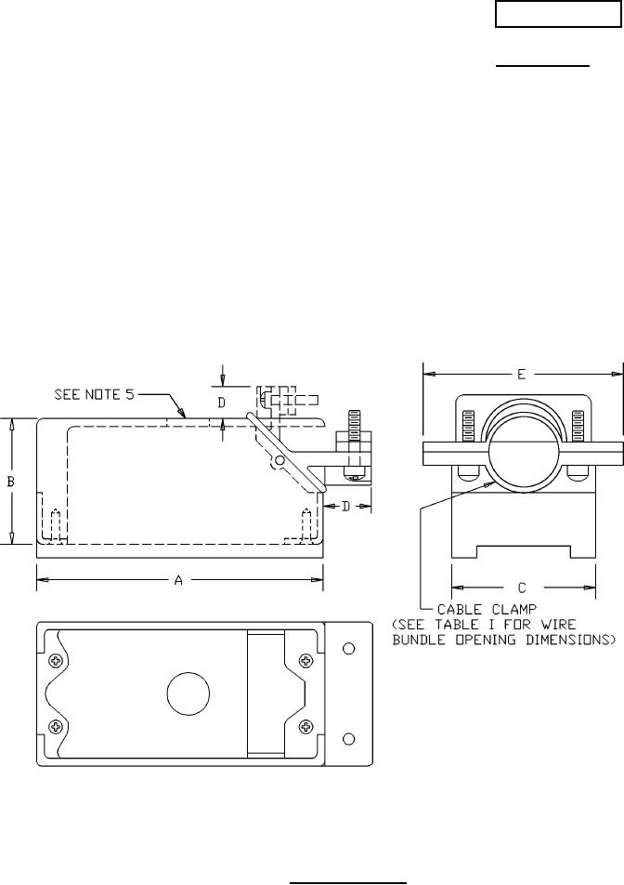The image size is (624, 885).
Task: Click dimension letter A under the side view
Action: coord(178,580)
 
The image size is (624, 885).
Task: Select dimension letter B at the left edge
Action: coord(11,482)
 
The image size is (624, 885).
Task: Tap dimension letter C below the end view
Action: coord(522,587)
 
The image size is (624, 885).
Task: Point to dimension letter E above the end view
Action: coord(522,374)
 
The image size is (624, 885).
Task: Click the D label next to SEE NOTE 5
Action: coord(222,403)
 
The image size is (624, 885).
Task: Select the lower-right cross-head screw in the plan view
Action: coord(305,726)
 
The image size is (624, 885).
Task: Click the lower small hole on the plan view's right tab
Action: coord(348,738)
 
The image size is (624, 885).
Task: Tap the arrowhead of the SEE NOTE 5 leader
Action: coord(185,415)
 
